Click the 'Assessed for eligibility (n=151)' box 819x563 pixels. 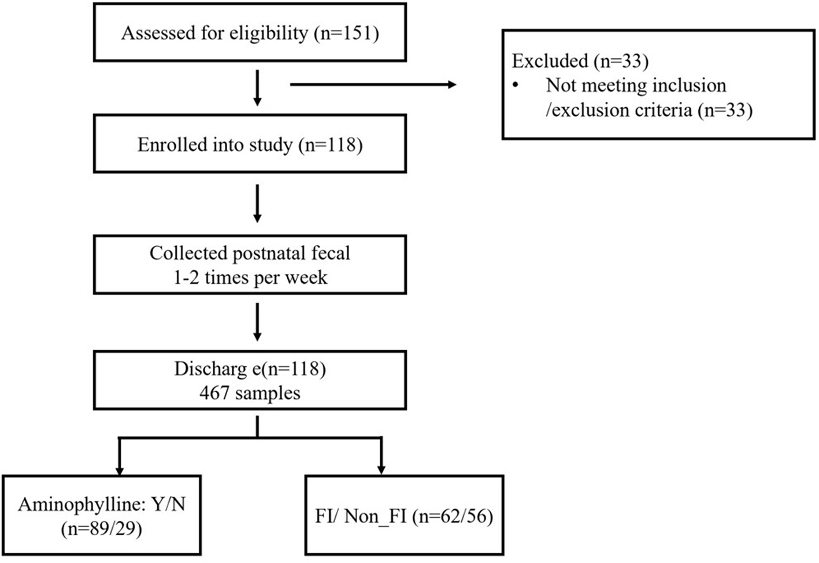tap(250, 33)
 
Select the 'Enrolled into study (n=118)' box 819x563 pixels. tap(250, 144)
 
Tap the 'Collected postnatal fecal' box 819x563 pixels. tap(250, 265)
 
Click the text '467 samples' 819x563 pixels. tap(250, 394)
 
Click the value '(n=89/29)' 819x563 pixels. tap(101, 528)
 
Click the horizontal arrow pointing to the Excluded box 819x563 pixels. tap(373, 85)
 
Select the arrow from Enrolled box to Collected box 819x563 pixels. tap(257, 203)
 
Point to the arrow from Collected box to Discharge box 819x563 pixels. tap(257, 323)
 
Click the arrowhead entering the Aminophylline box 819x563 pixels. tap(118, 468)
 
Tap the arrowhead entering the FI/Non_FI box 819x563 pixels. tap(381, 468)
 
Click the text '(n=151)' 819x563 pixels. tap(346, 33)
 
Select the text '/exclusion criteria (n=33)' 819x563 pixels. tap(648, 110)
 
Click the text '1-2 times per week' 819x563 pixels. tap(250, 277)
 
